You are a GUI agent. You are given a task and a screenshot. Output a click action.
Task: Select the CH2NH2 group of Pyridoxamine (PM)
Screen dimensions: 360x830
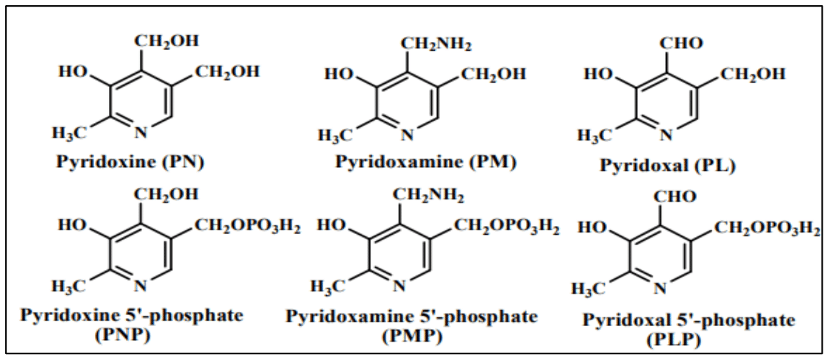coord(436,43)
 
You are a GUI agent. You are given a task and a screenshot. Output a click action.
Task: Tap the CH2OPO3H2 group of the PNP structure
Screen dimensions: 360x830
coord(247,225)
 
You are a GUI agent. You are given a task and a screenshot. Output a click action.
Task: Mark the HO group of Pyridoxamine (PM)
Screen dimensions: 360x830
coord(340,74)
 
